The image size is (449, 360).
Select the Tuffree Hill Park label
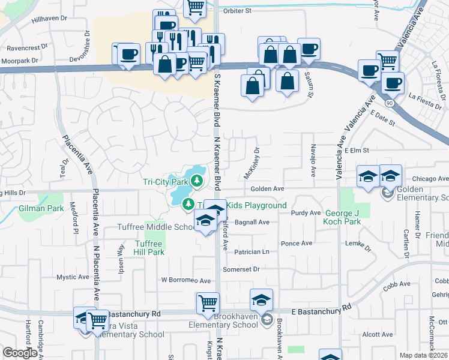148,248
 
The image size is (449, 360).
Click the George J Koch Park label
351,217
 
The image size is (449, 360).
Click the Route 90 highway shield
390,104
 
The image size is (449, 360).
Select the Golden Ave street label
267,188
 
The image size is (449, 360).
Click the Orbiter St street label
237,11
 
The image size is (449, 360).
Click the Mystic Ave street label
73,277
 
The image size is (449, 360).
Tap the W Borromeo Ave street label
185,281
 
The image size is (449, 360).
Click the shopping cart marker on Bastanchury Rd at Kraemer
208,303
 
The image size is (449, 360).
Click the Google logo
20,353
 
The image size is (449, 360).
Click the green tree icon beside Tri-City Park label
197,180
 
